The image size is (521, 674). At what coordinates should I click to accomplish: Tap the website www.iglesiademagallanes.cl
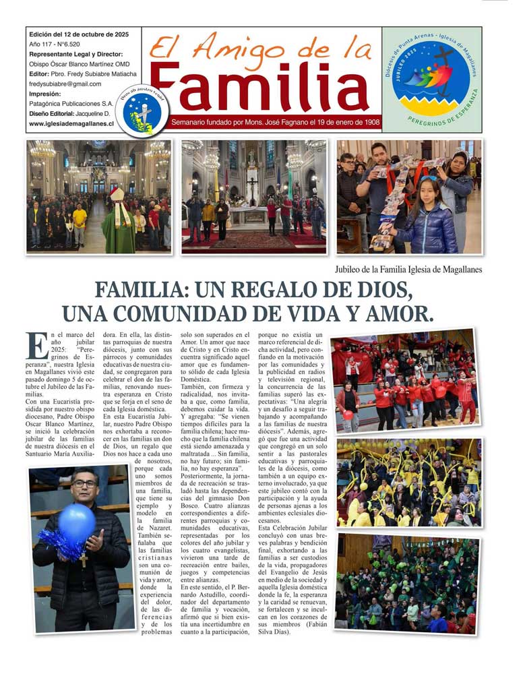71,124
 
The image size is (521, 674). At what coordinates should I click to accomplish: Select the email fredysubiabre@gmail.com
65,84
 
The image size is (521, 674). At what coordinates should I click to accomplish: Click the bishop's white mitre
117,194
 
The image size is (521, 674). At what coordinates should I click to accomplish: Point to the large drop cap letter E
37,345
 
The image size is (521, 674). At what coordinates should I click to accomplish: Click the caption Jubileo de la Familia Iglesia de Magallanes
408,270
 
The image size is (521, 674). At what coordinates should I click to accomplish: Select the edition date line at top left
77,34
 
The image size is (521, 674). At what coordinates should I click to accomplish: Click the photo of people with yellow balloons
408,482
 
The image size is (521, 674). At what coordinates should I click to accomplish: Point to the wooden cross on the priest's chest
84,559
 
